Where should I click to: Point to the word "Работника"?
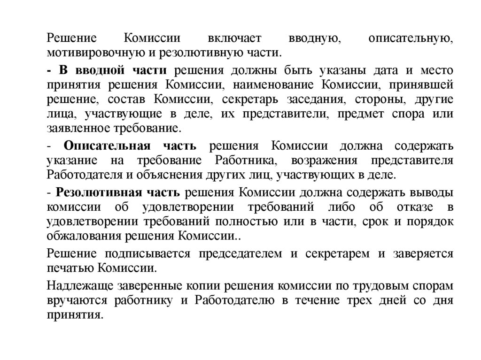pyautogui.click(x=246, y=161)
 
